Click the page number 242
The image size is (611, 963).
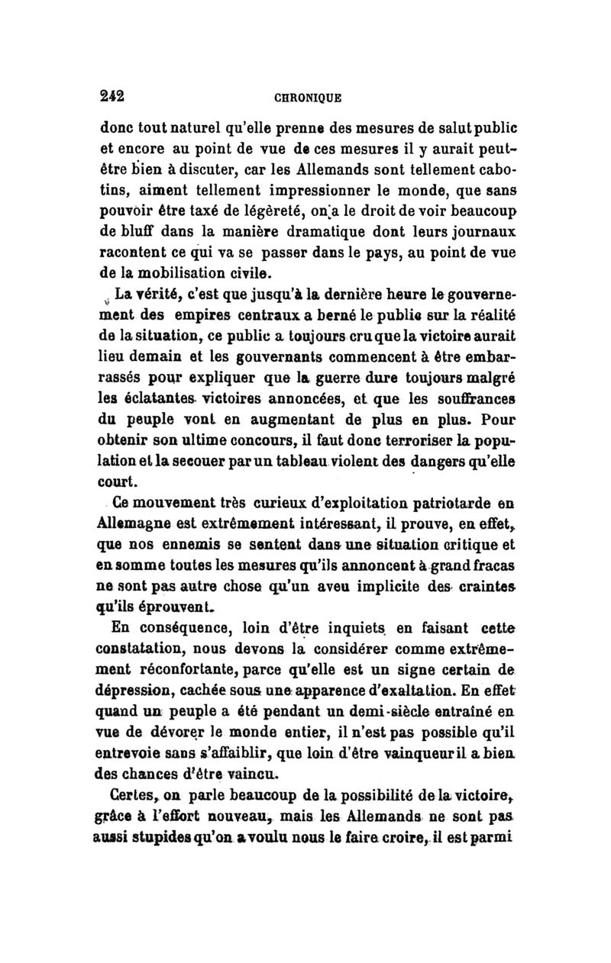point(112,97)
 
